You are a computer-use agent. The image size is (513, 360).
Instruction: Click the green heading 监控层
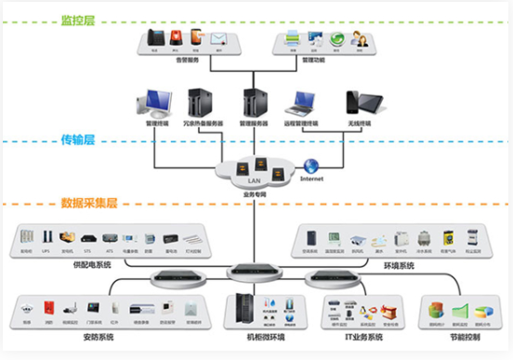click(78, 20)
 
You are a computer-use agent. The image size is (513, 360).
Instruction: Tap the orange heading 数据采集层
click(91, 203)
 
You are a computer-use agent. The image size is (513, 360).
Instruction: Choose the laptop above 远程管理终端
click(305, 103)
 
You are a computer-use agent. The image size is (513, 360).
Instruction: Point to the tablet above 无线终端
click(357, 102)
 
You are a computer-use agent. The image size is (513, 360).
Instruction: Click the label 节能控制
click(458, 338)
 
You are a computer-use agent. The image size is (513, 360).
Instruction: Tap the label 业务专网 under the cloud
click(255, 193)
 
